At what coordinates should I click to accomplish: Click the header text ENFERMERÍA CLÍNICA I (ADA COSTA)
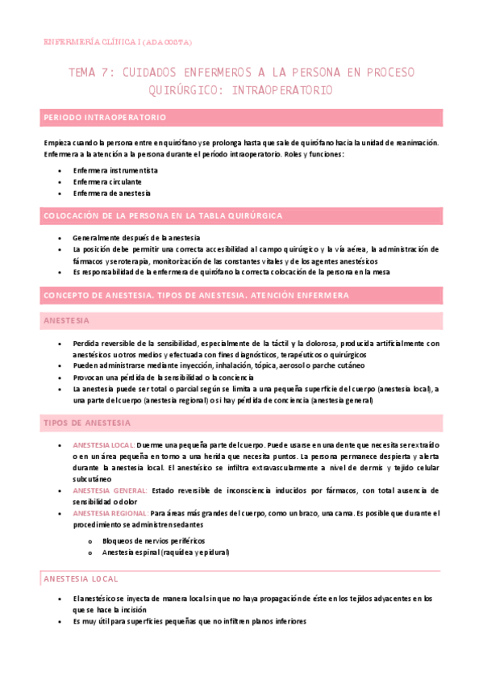(118, 41)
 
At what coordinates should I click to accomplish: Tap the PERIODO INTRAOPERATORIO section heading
(105, 118)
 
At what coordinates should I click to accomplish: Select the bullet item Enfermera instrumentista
(115, 170)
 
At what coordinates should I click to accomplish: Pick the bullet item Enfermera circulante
(109, 181)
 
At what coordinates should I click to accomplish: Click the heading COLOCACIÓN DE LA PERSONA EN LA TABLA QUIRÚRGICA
(162, 215)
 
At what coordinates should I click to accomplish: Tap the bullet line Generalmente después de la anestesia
(135, 238)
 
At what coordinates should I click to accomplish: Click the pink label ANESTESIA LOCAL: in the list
(103, 445)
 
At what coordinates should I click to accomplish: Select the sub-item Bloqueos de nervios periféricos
(153, 540)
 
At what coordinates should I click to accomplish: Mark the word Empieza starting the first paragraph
(58, 143)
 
